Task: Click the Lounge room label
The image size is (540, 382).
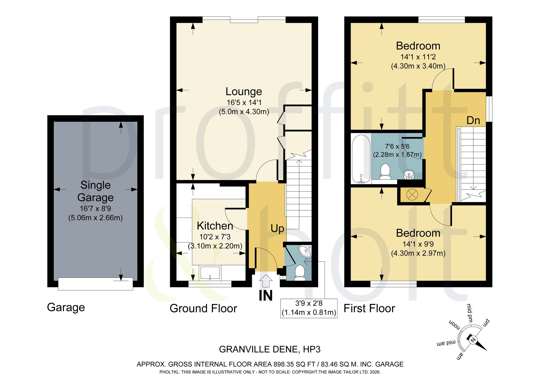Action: (x=244, y=92)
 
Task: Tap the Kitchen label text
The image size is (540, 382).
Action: (x=215, y=226)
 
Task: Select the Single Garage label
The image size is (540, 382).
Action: (x=96, y=191)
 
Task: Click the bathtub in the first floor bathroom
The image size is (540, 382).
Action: (x=361, y=159)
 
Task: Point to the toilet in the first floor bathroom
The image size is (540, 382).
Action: (x=385, y=172)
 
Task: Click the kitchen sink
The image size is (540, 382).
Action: (x=210, y=273)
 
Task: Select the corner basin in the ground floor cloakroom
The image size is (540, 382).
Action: (x=305, y=251)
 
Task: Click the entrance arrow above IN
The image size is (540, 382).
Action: (x=266, y=281)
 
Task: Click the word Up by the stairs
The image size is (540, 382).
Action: (x=277, y=229)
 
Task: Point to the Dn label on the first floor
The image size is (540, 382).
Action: (x=473, y=120)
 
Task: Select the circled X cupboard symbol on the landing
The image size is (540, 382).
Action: (x=412, y=194)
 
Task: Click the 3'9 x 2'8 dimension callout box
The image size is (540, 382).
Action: (x=309, y=308)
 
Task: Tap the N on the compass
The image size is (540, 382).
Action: (x=473, y=340)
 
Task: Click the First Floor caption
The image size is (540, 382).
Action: (x=369, y=308)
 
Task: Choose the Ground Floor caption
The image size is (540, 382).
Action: (x=203, y=308)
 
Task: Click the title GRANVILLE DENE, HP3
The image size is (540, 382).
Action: (x=270, y=349)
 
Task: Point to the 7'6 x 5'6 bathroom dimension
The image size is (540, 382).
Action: (x=397, y=146)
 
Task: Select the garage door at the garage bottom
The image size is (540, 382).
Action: (x=96, y=284)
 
